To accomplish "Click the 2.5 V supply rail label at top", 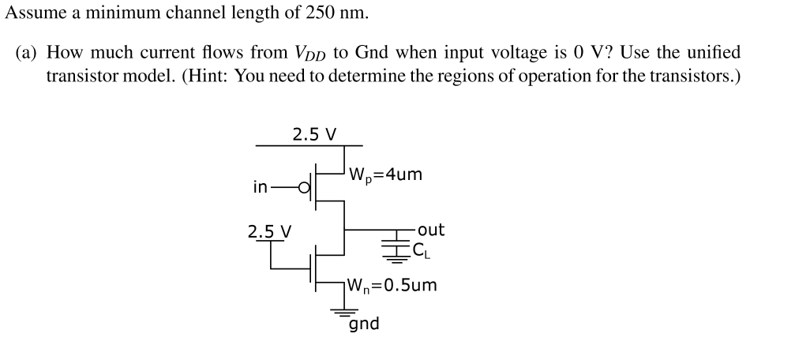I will click(314, 133).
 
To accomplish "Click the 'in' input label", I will click(260, 187).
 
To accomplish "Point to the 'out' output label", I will click(431, 230).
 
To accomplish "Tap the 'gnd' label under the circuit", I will click(364, 324).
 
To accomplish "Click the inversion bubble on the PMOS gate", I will click(303, 188).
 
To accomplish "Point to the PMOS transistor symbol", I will click(324, 187).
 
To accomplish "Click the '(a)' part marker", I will click(28, 53).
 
